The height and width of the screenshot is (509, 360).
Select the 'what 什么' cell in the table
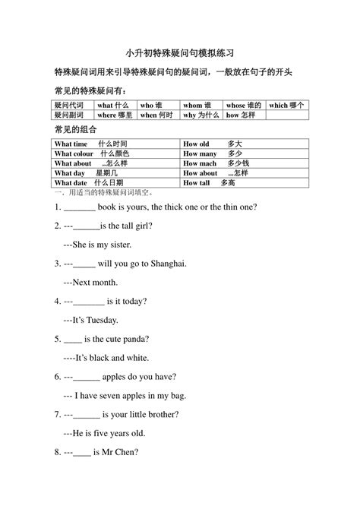[x=114, y=106]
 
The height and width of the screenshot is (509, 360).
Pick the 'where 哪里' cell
[x=115, y=115]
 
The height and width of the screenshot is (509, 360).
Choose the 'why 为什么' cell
[x=201, y=115]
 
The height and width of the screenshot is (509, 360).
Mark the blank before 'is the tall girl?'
[x=87, y=226]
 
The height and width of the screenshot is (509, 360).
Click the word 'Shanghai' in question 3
[x=166, y=264]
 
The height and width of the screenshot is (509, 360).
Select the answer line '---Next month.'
[x=93, y=283]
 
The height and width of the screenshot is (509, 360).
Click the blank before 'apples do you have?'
[x=87, y=376]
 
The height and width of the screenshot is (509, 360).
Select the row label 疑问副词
[x=72, y=115]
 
